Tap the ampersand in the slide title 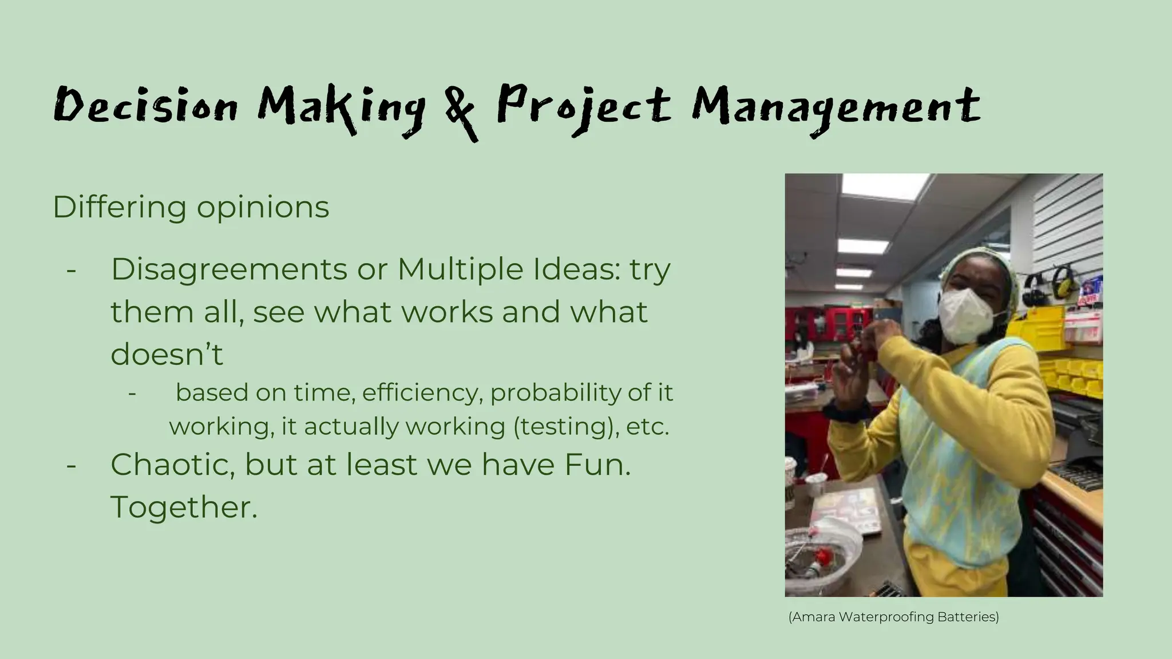pos(461,112)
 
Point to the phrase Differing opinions pos(191,207)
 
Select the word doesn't pos(167,354)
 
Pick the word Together pos(184,507)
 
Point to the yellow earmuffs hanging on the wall pos(1063,282)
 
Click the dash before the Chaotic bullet pos(72,465)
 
